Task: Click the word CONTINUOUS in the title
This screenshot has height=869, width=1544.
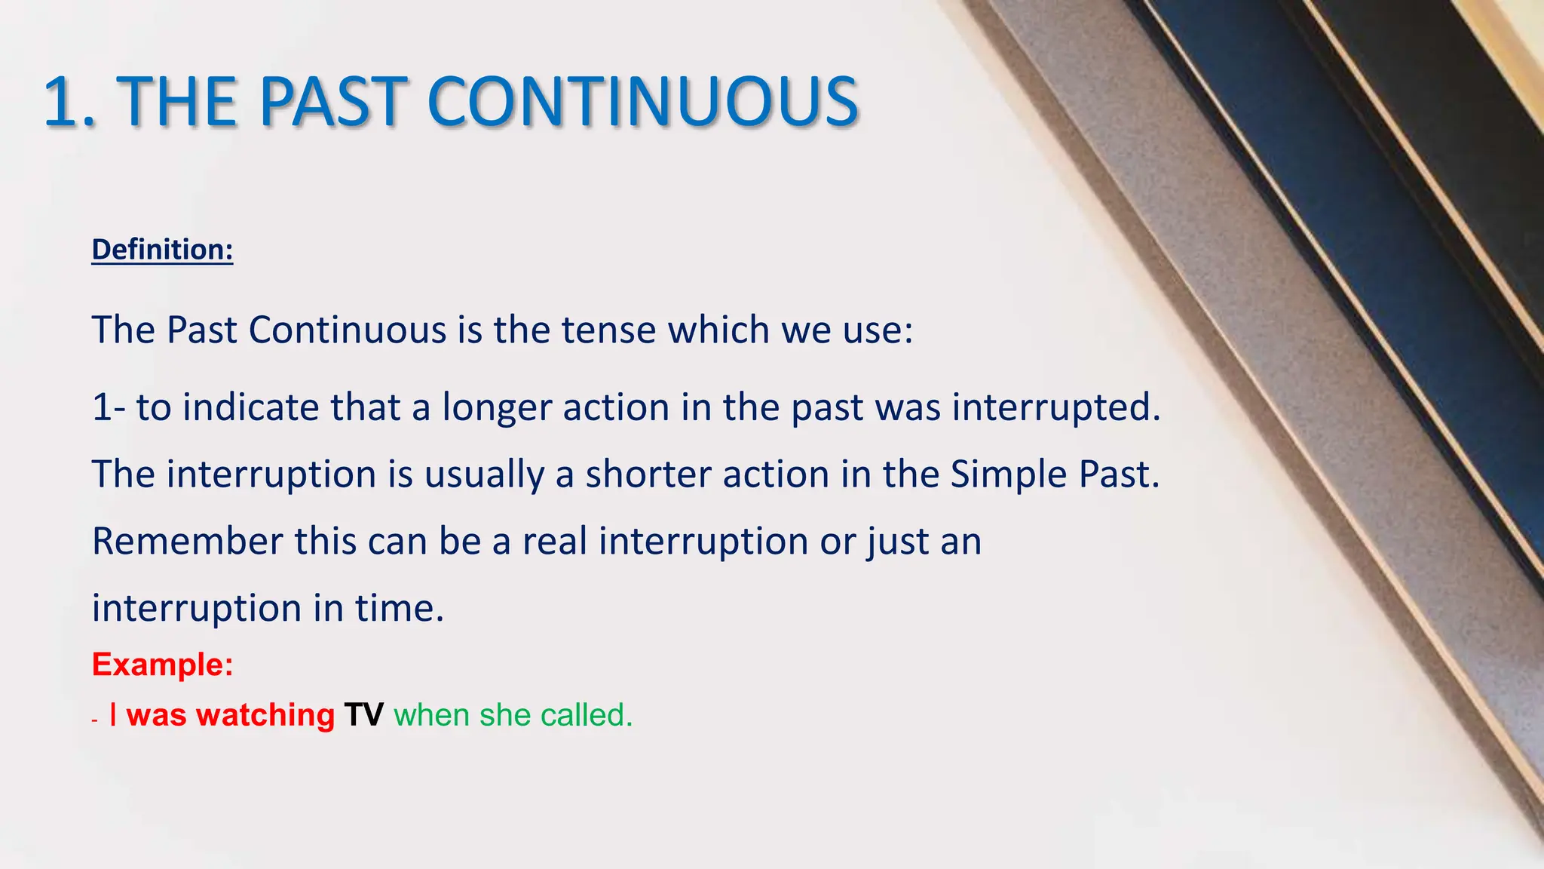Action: (642, 102)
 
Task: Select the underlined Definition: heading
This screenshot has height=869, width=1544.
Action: (162, 250)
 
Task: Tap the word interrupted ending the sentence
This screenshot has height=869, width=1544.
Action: (1055, 408)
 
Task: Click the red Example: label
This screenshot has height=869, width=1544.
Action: (162, 665)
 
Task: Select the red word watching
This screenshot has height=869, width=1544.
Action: (265, 715)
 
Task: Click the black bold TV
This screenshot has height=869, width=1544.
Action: (363, 715)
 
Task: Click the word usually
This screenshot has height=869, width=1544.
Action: (483, 474)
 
